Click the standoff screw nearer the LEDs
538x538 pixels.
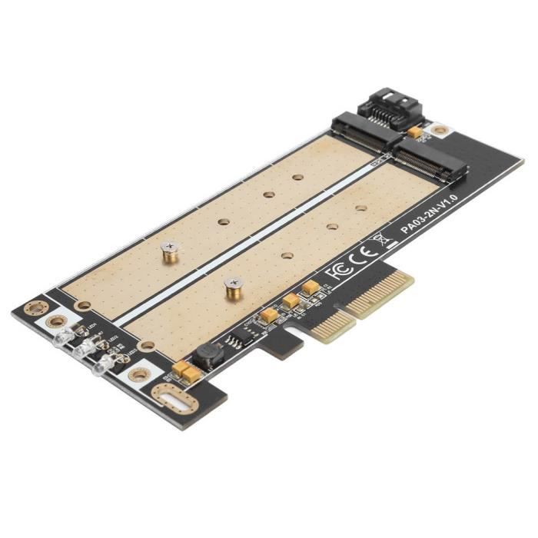pyautogui.click(x=170, y=251)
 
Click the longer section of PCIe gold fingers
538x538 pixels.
pyautogui.click(x=381, y=293)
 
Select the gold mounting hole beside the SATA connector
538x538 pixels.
pyautogui.click(x=439, y=129)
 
